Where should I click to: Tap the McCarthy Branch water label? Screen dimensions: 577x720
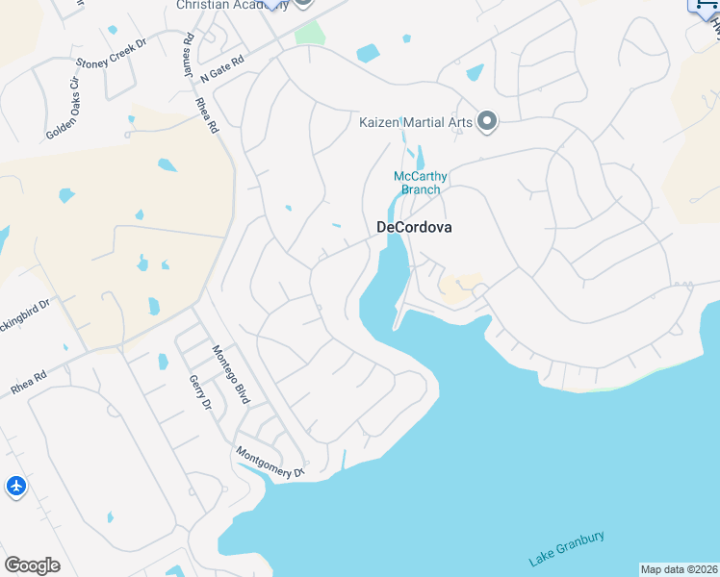421,183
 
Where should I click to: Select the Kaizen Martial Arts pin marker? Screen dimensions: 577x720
488,121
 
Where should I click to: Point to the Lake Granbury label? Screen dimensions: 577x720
567,548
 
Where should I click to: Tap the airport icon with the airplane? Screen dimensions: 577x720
16,487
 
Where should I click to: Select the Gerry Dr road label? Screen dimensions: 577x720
200,393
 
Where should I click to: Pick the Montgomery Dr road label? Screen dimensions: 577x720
270,462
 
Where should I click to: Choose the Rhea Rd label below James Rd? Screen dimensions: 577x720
208,114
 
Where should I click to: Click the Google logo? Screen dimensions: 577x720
32,565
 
